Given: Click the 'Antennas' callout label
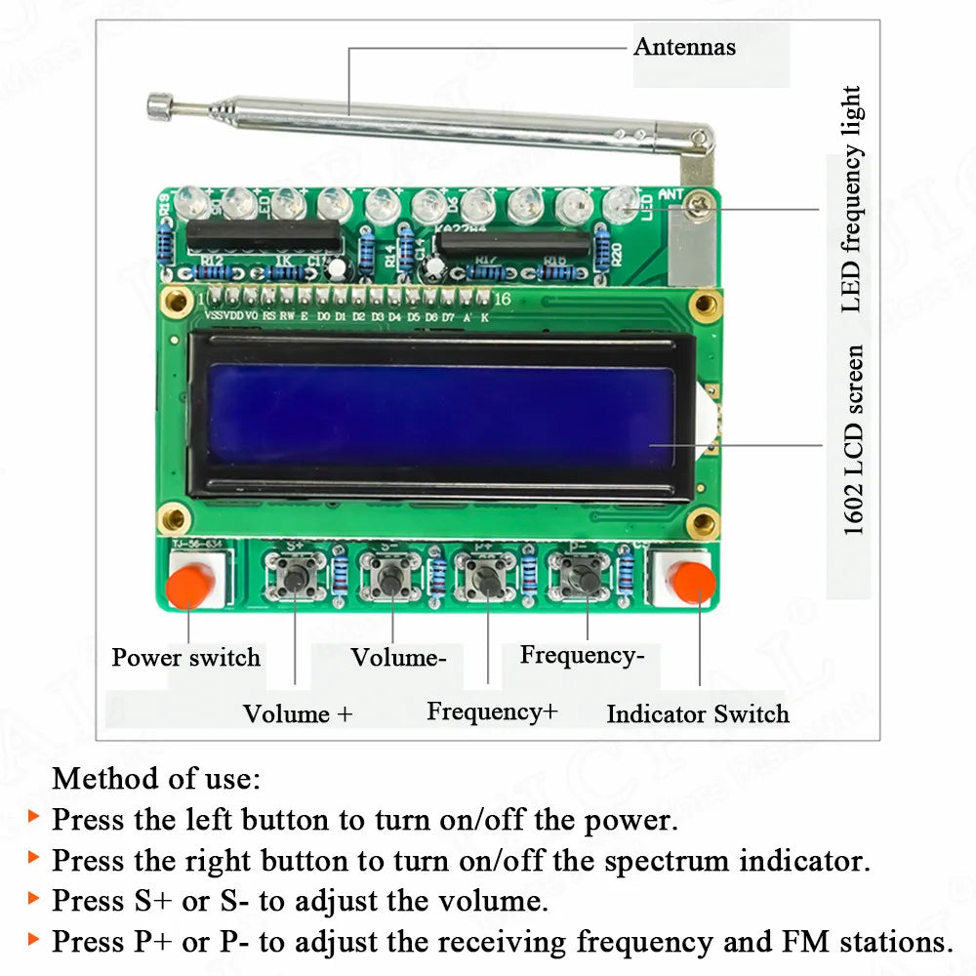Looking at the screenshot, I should tap(684, 46).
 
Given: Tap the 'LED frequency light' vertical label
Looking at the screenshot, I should tap(851, 199).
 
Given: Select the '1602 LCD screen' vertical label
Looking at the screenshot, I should tap(853, 439).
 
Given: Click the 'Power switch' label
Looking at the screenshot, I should tap(185, 657).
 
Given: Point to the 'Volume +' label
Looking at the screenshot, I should tap(298, 713).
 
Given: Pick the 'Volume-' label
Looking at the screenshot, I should tap(398, 657).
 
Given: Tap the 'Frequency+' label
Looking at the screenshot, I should tap(492, 712).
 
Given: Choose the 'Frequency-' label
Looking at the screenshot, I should tap(582, 654).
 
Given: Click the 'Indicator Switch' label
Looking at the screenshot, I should tap(697, 713).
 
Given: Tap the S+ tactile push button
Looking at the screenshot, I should tap(296, 578).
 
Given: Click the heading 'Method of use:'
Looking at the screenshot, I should tap(156, 778).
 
